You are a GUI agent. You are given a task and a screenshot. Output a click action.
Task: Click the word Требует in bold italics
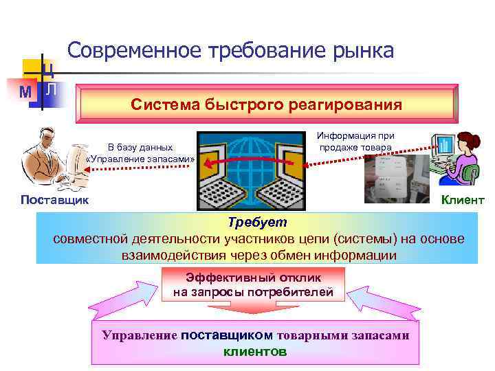click(x=258, y=223)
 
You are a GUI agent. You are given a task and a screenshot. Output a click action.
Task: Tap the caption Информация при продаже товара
click(x=355, y=142)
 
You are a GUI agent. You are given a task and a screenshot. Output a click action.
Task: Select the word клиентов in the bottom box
click(x=255, y=351)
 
